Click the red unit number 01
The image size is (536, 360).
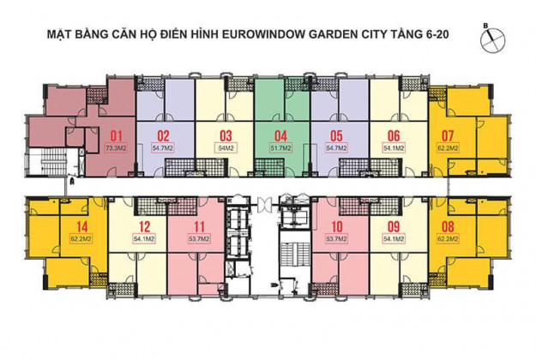tap(117, 135)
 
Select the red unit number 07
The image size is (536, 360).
tap(447, 135)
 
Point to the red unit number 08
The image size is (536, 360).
tap(447, 227)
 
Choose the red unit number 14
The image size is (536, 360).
tap(82, 227)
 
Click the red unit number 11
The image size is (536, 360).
tap(177, 227)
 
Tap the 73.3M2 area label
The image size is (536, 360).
tap(117, 148)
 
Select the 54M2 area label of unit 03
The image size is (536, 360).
tap(226, 148)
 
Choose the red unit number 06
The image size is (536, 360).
tap(394, 135)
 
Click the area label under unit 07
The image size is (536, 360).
tap(447, 148)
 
